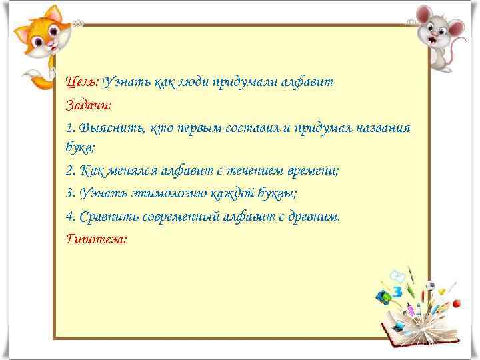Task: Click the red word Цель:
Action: coord(82,82)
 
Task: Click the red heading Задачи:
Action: coord(89,105)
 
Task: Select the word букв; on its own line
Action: coord(81,148)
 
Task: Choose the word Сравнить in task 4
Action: coord(107,216)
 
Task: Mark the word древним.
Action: coord(313,216)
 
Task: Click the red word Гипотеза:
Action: coord(96,238)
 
